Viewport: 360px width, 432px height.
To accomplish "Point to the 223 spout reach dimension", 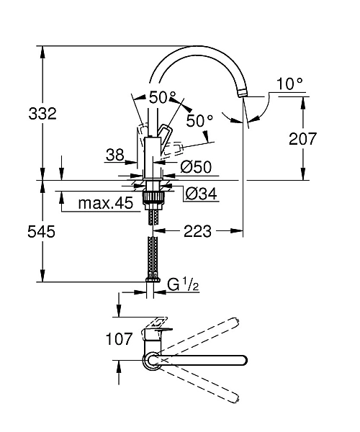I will point(198,231).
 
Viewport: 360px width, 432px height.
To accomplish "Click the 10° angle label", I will point(289,84).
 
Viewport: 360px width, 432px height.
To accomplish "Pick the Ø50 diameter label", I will point(195,167).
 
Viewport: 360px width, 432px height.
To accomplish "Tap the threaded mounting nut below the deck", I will point(152,194).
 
